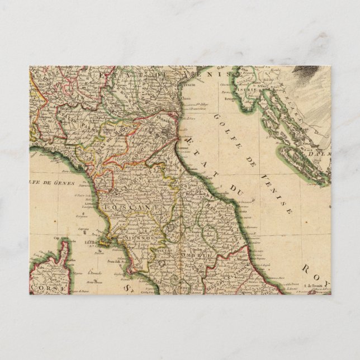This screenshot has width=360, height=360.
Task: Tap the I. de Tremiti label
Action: tap(313, 286)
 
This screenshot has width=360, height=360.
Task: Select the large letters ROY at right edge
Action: tap(314, 271)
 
